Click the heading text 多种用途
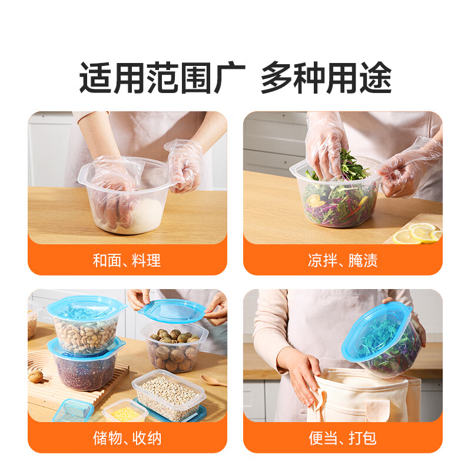point(326,78)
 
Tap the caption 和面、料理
point(127,260)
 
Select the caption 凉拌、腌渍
point(342,260)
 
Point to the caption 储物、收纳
point(127,438)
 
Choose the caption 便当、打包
point(342,438)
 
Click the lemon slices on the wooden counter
point(417,234)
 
